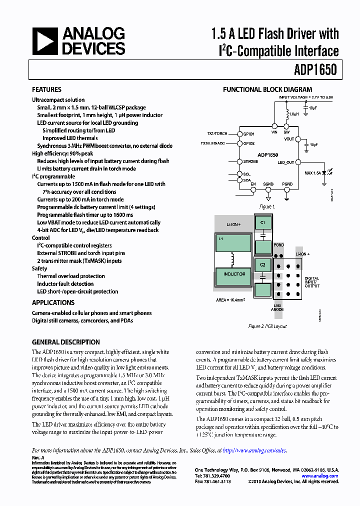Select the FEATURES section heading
tap(46, 90)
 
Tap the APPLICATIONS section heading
tap(53, 302)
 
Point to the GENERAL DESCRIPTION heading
tap(65, 342)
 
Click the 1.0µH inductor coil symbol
tap(287, 113)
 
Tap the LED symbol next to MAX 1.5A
tap(324, 172)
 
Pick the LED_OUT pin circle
tap(298, 162)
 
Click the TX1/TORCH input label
tap(217, 134)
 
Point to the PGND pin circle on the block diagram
tap(287, 190)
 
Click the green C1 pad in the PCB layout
tap(262, 221)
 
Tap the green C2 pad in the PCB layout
tap(262, 263)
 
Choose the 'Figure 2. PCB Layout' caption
tap(267, 326)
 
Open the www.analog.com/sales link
tap(254, 450)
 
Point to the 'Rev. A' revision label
tap(38, 457)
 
